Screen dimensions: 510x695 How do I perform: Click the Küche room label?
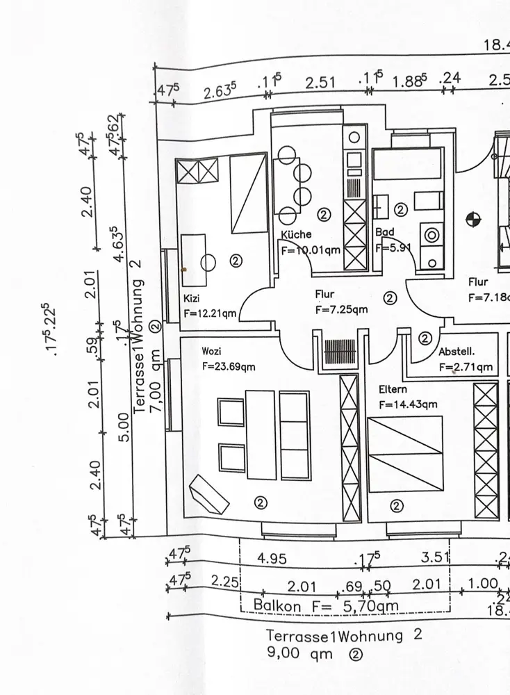pos(297,234)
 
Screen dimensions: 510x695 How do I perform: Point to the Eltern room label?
pos(394,391)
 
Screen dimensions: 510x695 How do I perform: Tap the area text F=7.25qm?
pos(341,309)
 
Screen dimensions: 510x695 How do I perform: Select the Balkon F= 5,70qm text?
pos(326,605)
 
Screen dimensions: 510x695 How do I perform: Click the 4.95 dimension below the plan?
pos(272,558)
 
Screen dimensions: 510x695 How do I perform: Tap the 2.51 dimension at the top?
pos(320,83)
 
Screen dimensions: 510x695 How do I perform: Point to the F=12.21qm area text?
pos(210,313)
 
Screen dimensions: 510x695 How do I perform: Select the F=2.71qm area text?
pos(466,366)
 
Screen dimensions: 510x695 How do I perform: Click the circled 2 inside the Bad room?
pos(400,209)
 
